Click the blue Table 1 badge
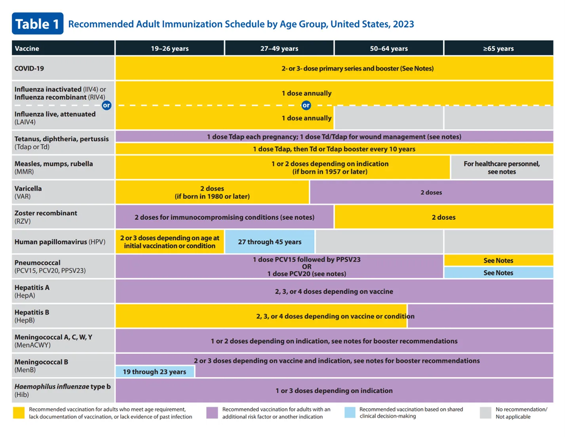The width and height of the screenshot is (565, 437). pos(37,24)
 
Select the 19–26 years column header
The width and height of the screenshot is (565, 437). pos(169,49)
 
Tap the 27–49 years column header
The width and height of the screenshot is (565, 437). pos(279,49)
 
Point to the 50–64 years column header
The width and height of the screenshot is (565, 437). pos(389,49)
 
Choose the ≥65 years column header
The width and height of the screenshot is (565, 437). pos(498,49)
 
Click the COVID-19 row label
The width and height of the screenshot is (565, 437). pos(29,68)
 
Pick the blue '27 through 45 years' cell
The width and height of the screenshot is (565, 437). pos(270,242)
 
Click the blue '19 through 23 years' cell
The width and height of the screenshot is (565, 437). pos(155,371)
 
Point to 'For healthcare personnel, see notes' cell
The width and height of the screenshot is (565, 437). pos(501,167)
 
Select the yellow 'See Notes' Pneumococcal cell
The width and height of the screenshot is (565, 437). pos(498,261)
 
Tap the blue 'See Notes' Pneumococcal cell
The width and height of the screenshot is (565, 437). pos(498,272)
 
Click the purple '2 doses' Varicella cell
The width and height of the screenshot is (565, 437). pos(431,192)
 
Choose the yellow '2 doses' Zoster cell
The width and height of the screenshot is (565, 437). pos(444,217)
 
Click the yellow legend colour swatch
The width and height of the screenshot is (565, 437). pos(19,413)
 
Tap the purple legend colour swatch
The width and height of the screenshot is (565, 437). pos(212,413)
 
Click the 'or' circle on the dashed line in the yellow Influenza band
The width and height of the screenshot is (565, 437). pos(306,105)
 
